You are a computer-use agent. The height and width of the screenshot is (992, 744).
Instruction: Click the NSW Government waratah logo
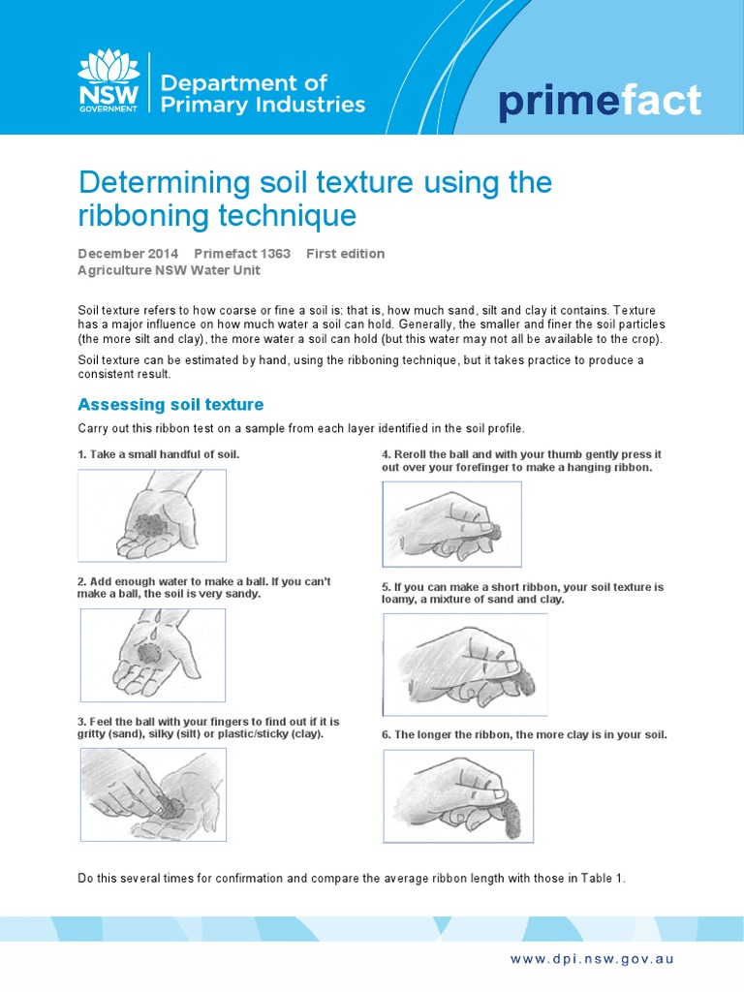click(x=108, y=81)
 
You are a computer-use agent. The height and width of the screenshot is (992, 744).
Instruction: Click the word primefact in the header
click(x=599, y=102)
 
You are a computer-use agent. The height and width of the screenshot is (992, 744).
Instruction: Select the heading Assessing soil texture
click(x=170, y=404)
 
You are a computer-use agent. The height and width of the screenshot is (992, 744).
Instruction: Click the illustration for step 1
click(x=151, y=515)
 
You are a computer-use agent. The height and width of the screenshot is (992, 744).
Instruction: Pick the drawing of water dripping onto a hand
click(x=152, y=654)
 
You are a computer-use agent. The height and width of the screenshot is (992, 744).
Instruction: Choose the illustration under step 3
click(x=151, y=793)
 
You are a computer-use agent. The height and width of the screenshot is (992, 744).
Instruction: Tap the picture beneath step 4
click(x=451, y=524)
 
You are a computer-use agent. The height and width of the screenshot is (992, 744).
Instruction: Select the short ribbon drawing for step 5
click(x=465, y=659)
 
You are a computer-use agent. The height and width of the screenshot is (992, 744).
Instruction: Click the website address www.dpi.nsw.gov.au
click(x=592, y=959)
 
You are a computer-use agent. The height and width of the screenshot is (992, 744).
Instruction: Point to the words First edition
click(x=345, y=254)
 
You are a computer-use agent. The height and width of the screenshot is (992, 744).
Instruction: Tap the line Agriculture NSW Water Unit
click(x=169, y=270)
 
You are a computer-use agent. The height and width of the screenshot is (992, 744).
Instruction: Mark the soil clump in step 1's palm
click(x=150, y=526)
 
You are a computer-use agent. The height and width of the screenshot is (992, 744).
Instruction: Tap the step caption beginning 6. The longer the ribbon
click(x=524, y=734)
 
